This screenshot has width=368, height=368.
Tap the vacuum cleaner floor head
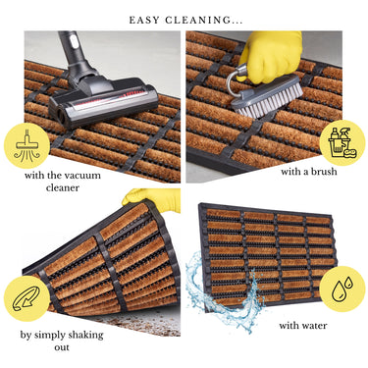tap(103, 101)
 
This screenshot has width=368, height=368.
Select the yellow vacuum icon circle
tap(26, 145)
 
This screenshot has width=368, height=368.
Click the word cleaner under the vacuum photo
tap(63, 187)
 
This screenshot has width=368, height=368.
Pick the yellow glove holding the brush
tap(272, 56)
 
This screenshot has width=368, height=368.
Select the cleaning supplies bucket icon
tap(342, 142)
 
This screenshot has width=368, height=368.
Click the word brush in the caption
tap(323, 172)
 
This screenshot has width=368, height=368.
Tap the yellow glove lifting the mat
tap(152, 199)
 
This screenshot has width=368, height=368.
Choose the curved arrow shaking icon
tap(26, 298)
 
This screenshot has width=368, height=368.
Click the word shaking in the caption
tap(84, 336)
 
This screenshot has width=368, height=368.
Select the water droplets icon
tap(342, 289)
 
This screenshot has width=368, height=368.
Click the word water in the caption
tap(314, 326)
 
